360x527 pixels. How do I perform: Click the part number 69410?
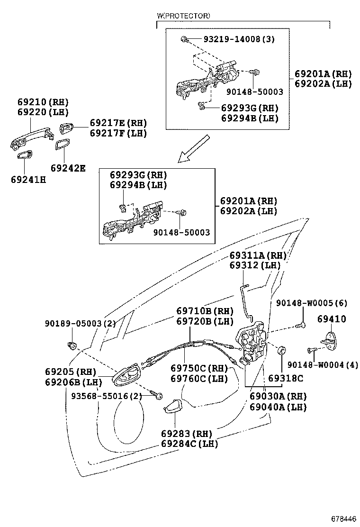coord(331,319)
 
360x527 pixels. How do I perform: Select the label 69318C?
coord(286,379)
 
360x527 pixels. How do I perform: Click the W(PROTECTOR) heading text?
coord(183,16)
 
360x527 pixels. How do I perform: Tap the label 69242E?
coord(68,167)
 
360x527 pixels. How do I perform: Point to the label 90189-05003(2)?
coord(81,323)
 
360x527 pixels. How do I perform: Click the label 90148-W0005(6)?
coord(318,302)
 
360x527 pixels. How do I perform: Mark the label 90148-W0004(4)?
coord(323,364)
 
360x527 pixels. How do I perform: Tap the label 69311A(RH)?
coord(258,255)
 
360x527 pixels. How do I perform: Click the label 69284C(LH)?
coord(189,444)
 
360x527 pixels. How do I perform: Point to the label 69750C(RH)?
coord(199,368)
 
